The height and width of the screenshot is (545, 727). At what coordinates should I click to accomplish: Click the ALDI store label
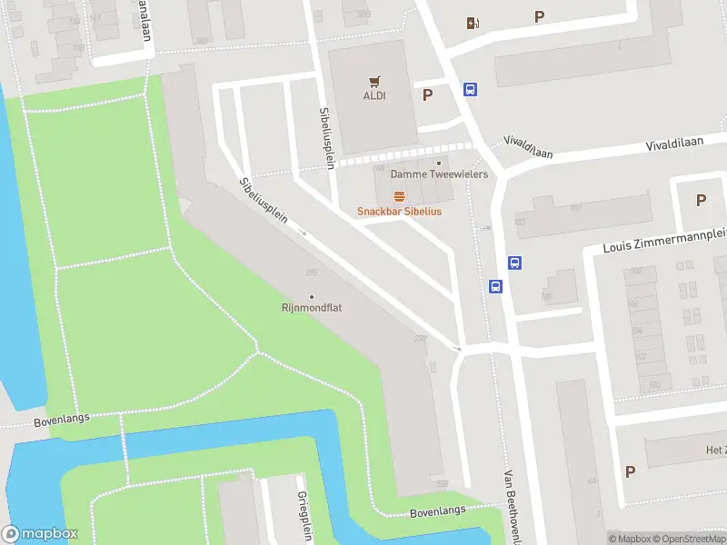373,95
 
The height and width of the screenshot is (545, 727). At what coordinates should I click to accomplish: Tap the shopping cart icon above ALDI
373,81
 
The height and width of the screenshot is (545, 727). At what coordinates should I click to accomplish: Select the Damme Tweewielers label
439,173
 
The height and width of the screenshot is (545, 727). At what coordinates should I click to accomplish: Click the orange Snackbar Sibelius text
399,212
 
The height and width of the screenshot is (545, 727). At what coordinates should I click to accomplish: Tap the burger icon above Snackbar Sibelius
399,196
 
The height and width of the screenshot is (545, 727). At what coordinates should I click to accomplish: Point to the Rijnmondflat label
312,308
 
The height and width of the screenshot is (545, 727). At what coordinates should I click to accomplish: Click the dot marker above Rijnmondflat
312,296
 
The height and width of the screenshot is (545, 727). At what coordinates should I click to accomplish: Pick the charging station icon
472,24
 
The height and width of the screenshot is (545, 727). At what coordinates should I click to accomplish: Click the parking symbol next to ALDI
427,94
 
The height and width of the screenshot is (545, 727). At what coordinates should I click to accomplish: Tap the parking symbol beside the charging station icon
540,16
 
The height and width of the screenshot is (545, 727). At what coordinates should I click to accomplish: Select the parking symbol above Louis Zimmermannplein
701,201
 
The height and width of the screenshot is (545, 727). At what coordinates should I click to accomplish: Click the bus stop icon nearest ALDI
471,89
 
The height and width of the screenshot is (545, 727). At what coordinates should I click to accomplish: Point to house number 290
312,272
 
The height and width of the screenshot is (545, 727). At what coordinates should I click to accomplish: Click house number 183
520,222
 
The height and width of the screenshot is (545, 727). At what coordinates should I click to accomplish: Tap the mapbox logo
40,534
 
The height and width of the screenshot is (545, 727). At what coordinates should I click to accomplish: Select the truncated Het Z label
715,450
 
